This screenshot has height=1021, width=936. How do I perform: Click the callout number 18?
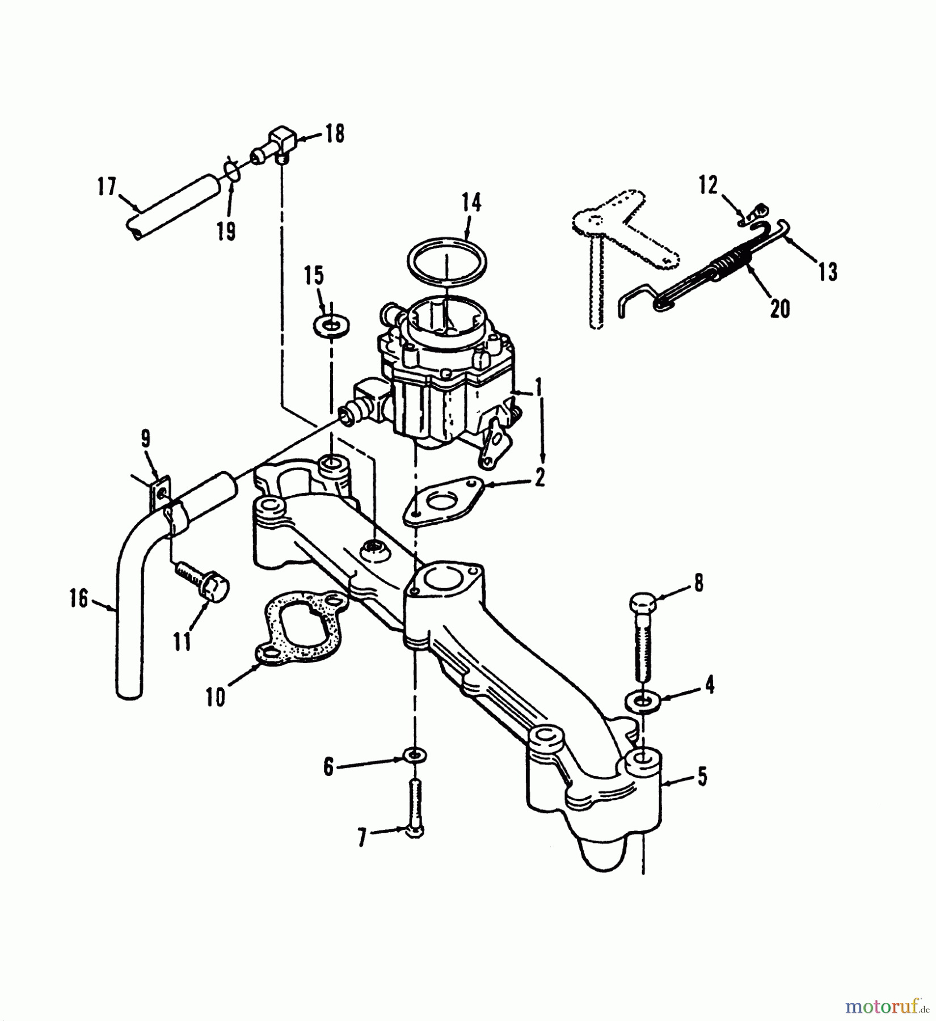335,135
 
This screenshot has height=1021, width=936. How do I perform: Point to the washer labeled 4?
642,701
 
